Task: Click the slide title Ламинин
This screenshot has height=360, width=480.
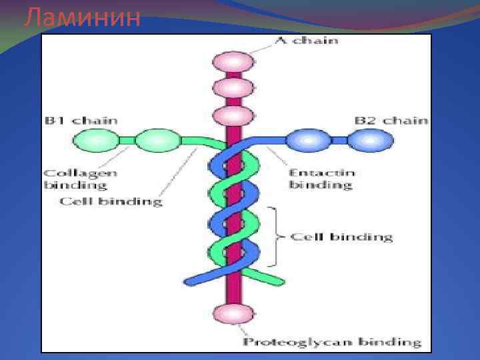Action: pos(82,18)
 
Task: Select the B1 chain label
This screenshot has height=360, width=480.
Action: pos(81,121)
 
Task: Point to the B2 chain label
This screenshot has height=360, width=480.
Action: pos(390,121)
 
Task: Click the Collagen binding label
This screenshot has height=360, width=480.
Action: pos(81,179)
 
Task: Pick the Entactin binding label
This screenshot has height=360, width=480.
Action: pos(321,179)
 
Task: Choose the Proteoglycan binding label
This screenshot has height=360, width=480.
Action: pos(331,343)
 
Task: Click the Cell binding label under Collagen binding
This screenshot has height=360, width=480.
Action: pos(111,201)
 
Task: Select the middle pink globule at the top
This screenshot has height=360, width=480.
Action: pos(233,88)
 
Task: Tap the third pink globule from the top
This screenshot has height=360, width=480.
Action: pos(233,115)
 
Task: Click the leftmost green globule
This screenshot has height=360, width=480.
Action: pos(95,141)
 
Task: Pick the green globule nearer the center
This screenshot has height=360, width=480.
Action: pos(157,141)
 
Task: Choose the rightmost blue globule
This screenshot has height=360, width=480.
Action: pos(371,141)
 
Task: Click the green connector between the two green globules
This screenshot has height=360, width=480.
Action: pos(126,141)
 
